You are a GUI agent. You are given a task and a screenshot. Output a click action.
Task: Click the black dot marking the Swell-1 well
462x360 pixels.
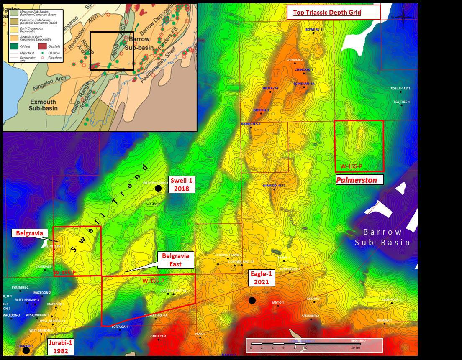(x=158, y=189)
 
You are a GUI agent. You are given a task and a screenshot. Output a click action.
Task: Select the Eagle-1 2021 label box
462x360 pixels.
(x=262, y=278)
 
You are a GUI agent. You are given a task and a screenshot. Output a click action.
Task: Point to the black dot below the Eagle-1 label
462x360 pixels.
(x=252, y=300)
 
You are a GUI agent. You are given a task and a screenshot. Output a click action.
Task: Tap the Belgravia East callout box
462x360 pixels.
(x=176, y=260)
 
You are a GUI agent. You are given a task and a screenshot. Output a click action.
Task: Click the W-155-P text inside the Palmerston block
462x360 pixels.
(x=351, y=166)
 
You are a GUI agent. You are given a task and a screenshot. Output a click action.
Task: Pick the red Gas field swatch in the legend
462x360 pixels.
(x=42, y=47)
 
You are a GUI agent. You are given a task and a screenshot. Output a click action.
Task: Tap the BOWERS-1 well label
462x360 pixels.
(x=314, y=30)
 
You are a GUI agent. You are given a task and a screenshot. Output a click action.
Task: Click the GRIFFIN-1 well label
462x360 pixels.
(x=261, y=110)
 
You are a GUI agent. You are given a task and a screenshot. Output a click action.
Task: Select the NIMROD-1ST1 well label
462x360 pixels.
(x=274, y=185)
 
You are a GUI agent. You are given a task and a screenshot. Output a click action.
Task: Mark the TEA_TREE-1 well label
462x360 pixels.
(x=401, y=102)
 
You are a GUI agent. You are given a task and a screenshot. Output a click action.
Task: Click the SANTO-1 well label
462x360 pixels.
(x=277, y=302)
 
